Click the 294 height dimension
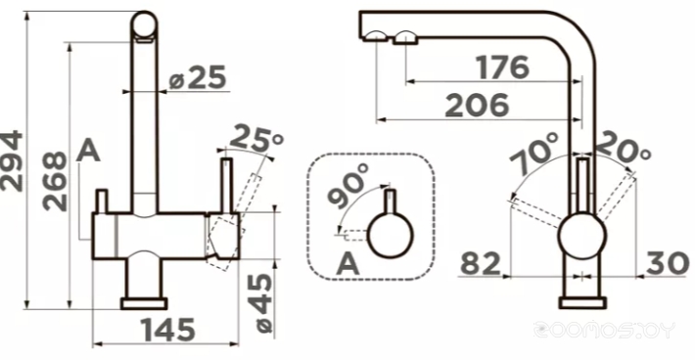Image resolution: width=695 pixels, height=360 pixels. click(12, 161)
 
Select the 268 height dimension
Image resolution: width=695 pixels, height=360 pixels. click(55, 181)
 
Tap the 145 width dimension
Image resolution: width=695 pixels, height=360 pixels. click(168, 330)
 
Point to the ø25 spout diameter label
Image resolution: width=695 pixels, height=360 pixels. click(198, 77)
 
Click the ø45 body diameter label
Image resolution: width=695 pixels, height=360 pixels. click(264, 303)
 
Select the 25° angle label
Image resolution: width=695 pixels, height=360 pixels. click(256, 139)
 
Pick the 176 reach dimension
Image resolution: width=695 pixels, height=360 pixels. click(503, 67)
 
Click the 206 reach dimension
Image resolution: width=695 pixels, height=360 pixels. click(477, 106)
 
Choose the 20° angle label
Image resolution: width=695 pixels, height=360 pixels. click(623, 147)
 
